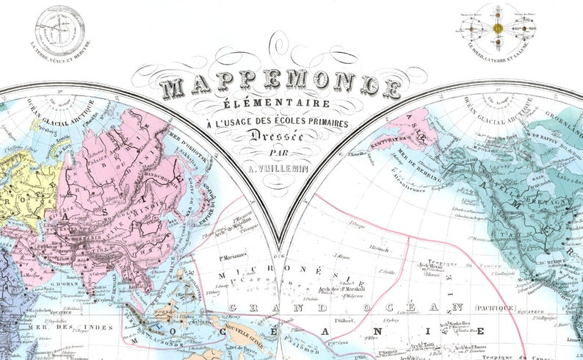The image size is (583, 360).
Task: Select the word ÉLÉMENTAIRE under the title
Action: (x=280, y=104)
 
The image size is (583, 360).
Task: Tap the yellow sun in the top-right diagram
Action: (x=497, y=28)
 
